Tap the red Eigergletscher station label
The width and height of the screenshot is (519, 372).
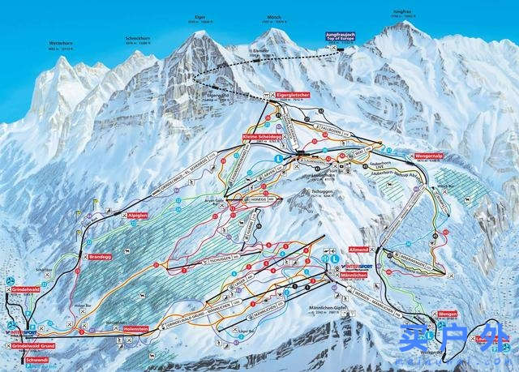point(290,96)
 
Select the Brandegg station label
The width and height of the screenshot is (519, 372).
point(91,257)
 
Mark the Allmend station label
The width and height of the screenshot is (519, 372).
point(358,250)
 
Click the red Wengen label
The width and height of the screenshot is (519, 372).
point(448,313)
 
